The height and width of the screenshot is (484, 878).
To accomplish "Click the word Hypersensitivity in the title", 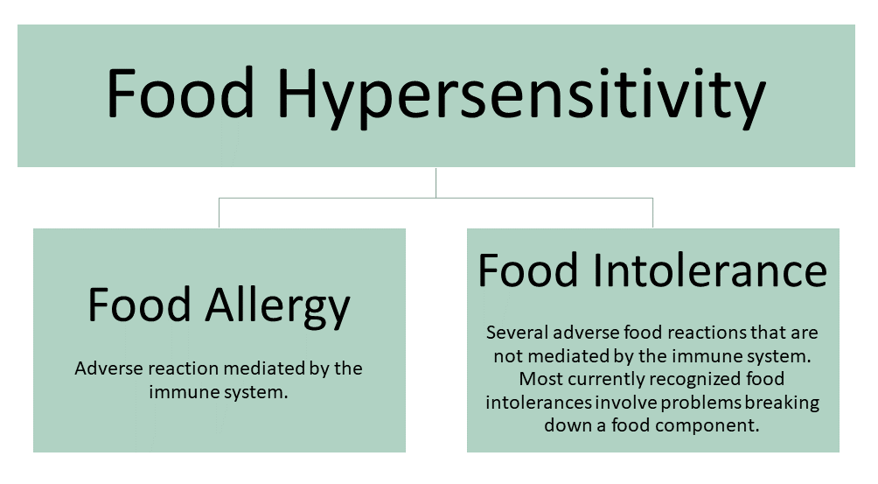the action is click(x=521, y=95).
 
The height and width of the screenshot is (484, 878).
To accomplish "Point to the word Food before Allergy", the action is click(x=140, y=305).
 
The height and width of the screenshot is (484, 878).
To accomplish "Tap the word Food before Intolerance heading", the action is click(x=528, y=270).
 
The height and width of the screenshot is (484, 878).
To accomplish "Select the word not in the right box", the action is click(x=508, y=357).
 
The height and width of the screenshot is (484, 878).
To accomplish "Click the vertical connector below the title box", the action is click(x=436, y=183).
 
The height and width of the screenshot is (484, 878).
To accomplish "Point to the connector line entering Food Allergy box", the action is click(x=219, y=213).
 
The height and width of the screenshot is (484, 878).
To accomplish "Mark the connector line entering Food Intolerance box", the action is click(x=653, y=213).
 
